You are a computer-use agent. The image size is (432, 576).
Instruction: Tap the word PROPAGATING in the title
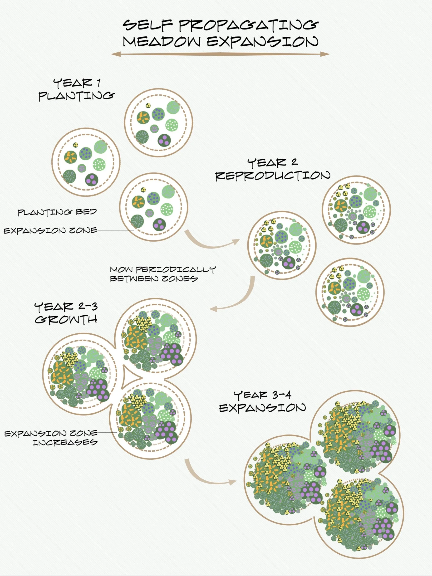tap(249, 25)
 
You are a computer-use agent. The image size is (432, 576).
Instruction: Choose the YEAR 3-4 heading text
tap(262, 395)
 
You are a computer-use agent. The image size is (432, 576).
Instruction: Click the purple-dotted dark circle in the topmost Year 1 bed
tap(165, 141)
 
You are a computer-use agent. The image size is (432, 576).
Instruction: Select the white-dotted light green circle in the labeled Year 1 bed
tap(167, 208)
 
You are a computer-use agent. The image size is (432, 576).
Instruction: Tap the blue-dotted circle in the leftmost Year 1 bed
tap(86, 153)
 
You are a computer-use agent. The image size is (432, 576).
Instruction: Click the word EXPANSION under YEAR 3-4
tap(262, 408)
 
